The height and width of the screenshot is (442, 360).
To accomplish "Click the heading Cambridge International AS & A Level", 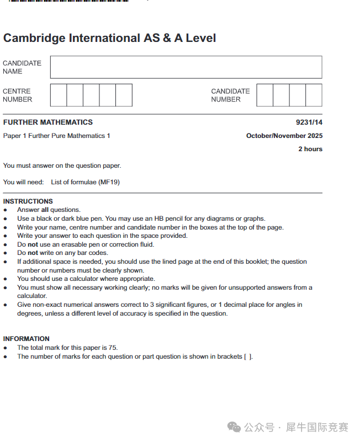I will pos(109,38).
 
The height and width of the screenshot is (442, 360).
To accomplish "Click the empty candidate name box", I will pos(186,67).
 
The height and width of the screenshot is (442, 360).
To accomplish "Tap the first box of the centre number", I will pos(59,95).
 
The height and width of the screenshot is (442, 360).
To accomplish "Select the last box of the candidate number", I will pos(314,95).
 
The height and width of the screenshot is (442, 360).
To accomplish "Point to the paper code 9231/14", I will pos(309,123).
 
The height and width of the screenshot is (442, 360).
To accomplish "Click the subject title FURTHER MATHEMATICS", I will pos(48,123).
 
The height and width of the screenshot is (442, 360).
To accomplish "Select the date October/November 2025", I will pos(284,136).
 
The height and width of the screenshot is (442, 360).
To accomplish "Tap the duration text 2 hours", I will pos(310,149).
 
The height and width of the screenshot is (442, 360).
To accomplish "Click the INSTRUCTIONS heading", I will pos(28,201).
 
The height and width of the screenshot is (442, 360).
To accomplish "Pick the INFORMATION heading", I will pos(27,339).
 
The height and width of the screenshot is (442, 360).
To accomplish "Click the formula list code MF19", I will pos(109,182).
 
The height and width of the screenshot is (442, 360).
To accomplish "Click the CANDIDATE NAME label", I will pos(22,67).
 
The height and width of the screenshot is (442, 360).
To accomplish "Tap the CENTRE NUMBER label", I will pos(18,95).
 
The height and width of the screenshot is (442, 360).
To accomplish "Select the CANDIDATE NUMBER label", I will pos(230,95).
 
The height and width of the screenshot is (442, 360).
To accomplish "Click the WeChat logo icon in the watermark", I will pos(235,428).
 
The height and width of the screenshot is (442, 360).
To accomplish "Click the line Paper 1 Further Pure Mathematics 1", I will pos(57,136).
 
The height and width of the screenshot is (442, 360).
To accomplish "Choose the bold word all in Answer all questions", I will pos(45,210).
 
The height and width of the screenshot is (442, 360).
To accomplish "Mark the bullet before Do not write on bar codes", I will pos(6,253).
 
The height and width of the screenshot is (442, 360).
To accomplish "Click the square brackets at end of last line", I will pos(248,356).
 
